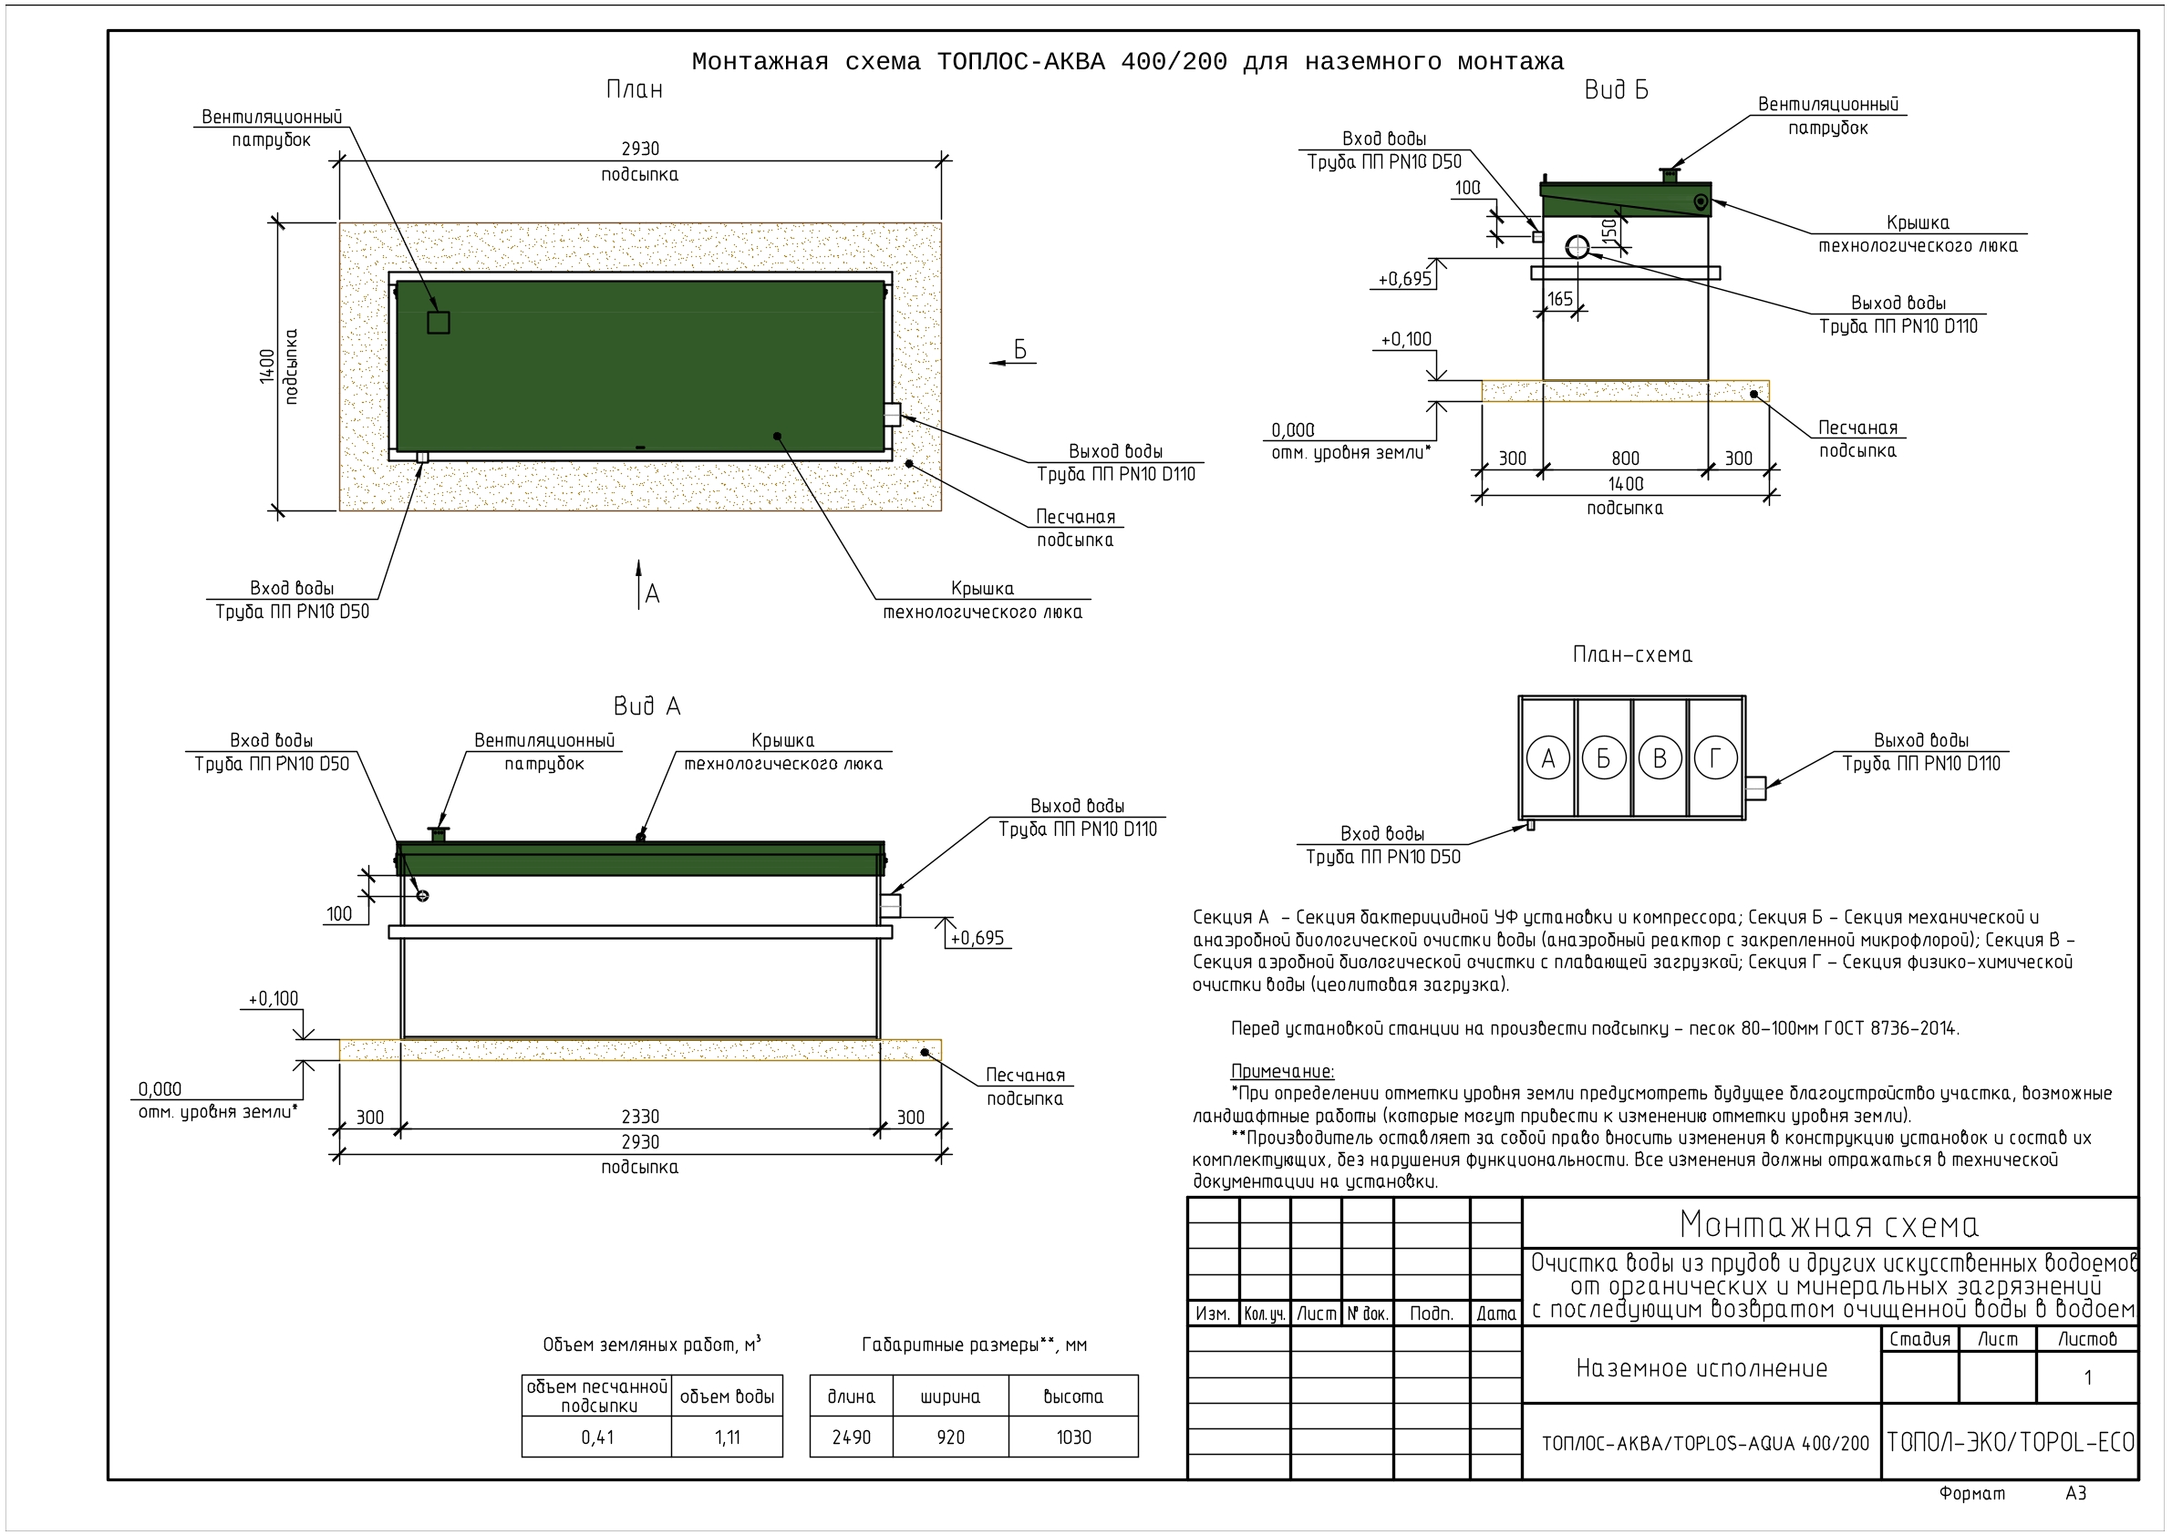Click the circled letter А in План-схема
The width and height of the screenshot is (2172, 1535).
pos(1547,757)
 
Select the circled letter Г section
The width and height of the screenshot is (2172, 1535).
pos(1715,757)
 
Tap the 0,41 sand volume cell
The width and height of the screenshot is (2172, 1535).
pos(597,1437)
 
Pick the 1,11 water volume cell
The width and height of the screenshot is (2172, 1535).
pos(728,1437)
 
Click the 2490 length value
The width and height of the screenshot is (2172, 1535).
pos(852,1437)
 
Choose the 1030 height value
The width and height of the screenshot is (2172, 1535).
pos(1074,1437)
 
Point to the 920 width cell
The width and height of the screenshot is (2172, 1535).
pos(951,1437)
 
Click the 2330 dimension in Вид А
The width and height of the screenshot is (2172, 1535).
pos(640,1116)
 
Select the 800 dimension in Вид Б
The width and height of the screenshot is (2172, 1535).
pos(1625,458)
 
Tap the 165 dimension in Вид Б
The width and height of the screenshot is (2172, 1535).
pos(1560,299)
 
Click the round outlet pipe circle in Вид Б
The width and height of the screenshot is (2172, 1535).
pos(1577,247)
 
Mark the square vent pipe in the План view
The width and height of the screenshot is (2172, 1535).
pos(438,323)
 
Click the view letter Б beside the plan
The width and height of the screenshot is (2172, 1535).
pos(1020,350)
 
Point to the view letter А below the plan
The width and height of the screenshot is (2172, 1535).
pos(652,594)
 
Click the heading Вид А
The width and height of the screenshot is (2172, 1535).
pos(647,706)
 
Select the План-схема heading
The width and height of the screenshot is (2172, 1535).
pos(1632,654)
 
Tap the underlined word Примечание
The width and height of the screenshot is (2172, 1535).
pos(1282,1072)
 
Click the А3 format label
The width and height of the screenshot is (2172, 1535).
pos(2075,1493)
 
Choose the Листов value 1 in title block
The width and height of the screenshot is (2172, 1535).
pos(2088,1377)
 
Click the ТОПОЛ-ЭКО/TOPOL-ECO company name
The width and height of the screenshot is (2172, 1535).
pos(2011,1442)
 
